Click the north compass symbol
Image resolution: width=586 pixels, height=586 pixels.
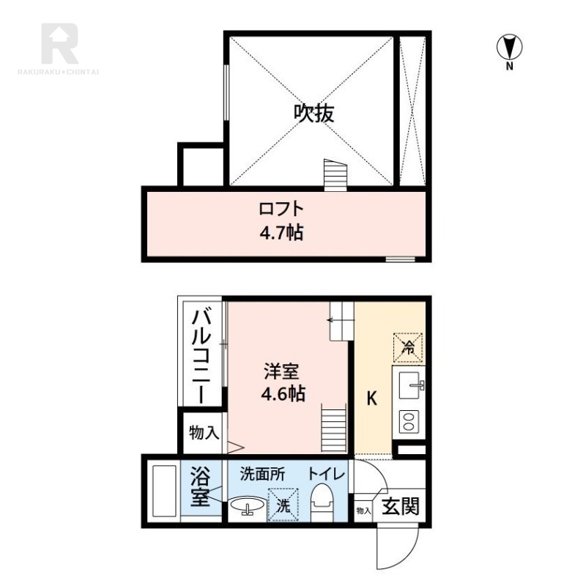pos(508,48)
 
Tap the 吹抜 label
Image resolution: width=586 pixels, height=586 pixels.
pos(314,114)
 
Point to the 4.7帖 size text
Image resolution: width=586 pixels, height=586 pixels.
pos(281,234)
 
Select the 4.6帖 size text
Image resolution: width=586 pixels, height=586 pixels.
pos(283,393)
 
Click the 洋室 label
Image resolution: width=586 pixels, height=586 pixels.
pos(283,371)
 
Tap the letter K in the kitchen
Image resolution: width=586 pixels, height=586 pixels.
pos(371,399)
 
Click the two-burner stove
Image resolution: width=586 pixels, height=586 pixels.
pos(408,421)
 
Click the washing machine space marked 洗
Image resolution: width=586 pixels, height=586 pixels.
pos(283,504)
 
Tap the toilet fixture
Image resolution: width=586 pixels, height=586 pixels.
pos(322,504)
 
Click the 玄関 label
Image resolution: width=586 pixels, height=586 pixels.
pos(401,506)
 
